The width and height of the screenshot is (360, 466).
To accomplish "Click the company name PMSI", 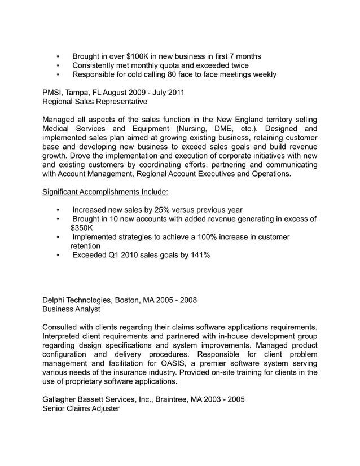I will (x=54, y=93).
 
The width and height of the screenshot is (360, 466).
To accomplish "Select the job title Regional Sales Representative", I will (x=95, y=102).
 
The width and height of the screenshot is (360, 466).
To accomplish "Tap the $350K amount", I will (x=82, y=228).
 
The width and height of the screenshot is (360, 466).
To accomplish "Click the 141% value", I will (x=199, y=255).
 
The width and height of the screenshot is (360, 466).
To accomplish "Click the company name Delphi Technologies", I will (x=80, y=300).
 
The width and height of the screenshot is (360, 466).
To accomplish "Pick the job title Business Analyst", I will (x=72, y=309).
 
